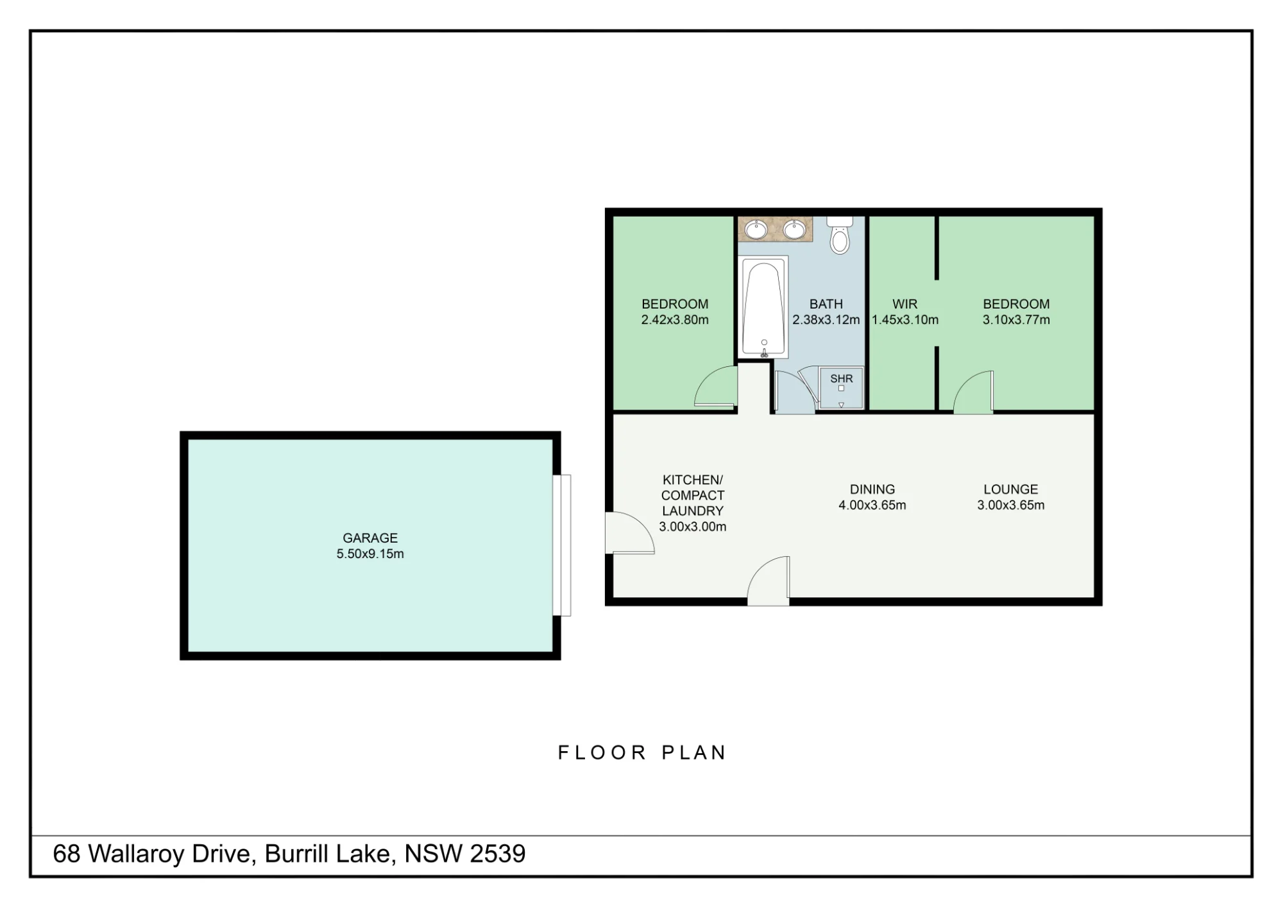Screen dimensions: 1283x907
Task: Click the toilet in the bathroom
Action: pyautogui.click(x=840, y=235)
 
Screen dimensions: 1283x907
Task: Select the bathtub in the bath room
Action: pyautogui.click(x=763, y=307)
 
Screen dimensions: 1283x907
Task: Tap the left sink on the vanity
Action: pyautogui.click(x=756, y=229)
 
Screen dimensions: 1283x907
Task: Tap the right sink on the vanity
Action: pyautogui.click(x=794, y=229)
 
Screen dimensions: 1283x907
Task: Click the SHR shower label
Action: pyautogui.click(x=842, y=378)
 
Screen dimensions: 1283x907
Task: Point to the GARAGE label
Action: pyautogui.click(x=370, y=538)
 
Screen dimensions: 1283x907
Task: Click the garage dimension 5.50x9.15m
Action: pyautogui.click(x=370, y=554)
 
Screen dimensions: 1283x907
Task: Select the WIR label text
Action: pyautogui.click(x=905, y=304)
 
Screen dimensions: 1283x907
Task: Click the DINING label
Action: pyautogui.click(x=872, y=489)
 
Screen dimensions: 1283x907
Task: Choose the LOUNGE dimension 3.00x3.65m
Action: pyautogui.click(x=1011, y=505)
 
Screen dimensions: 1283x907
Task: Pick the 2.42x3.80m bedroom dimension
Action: pyautogui.click(x=675, y=319)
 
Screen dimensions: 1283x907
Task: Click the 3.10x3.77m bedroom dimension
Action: pyautogui.click(x=1016, y=319)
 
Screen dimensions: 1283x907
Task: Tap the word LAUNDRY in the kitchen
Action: pyautogui.click(x=693, y=511)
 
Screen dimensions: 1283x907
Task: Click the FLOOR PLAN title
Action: pyautogui.click(x=641, y=752)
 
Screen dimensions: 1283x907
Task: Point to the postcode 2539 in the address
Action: pyautogui.click(x=498, y=854)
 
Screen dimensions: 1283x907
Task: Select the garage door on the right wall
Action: pyautogui.click(x=562, y=545)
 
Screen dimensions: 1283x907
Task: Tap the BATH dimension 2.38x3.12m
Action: pyautogui.click(x=826, y=319)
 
